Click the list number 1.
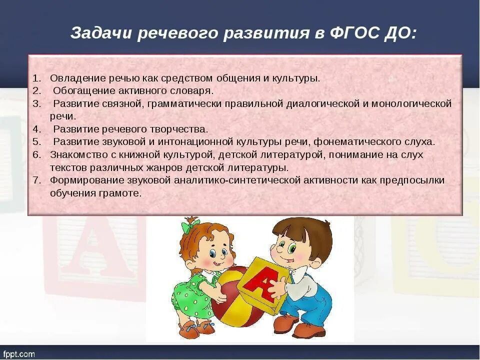point(36,78)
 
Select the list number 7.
point(36,180)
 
